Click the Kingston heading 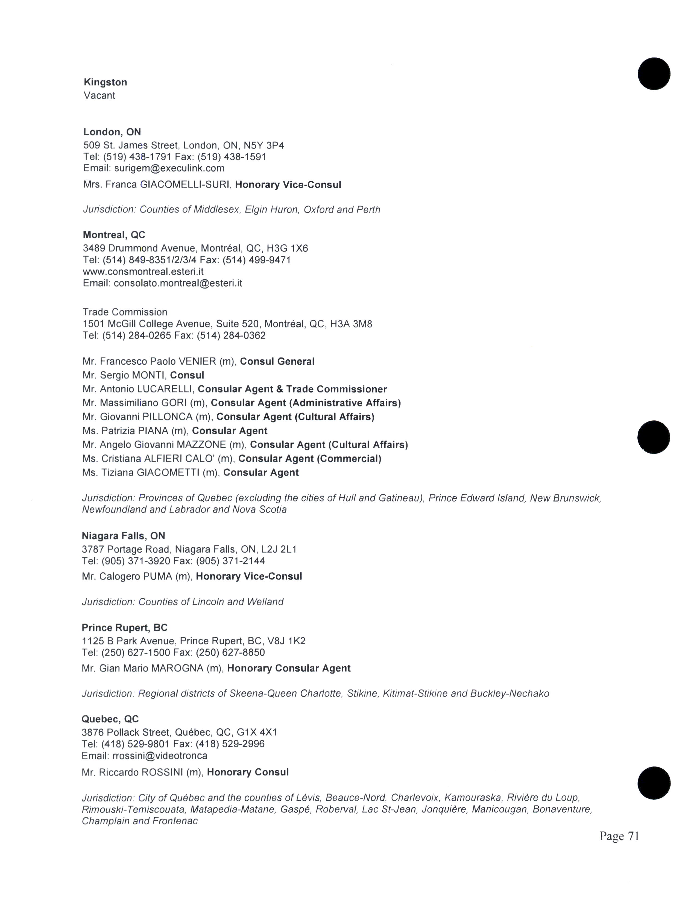[x=105, y=82]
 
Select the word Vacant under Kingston [x=99, y=95]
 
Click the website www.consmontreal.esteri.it [x=143, y=271]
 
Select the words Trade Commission [x=125, y=312]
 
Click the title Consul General [x=277, y=361]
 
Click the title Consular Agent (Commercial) [x=310, y=458]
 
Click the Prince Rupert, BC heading [x=124, y=628]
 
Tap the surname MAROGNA [x=177, y=668]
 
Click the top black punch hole [x=654, y=74]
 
